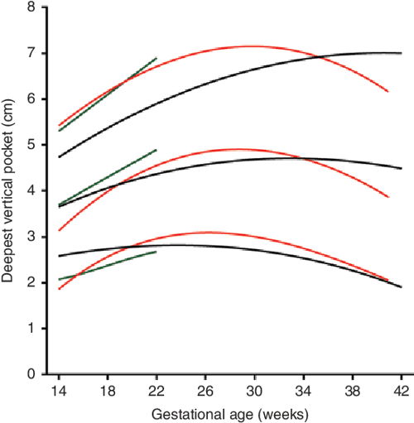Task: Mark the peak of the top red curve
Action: pyautogui.click(x=248, y=46)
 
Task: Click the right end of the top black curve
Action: pyautogui.click(x=401, y=53)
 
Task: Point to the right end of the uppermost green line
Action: pyautogui.click(x=156, y=58)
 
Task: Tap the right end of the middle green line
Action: pyautogui.click(x=156, y=150)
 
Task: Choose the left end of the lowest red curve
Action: pyautogui.click(x=60, y=289)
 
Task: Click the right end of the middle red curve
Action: pyautogui.click(x=388, y=197)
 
